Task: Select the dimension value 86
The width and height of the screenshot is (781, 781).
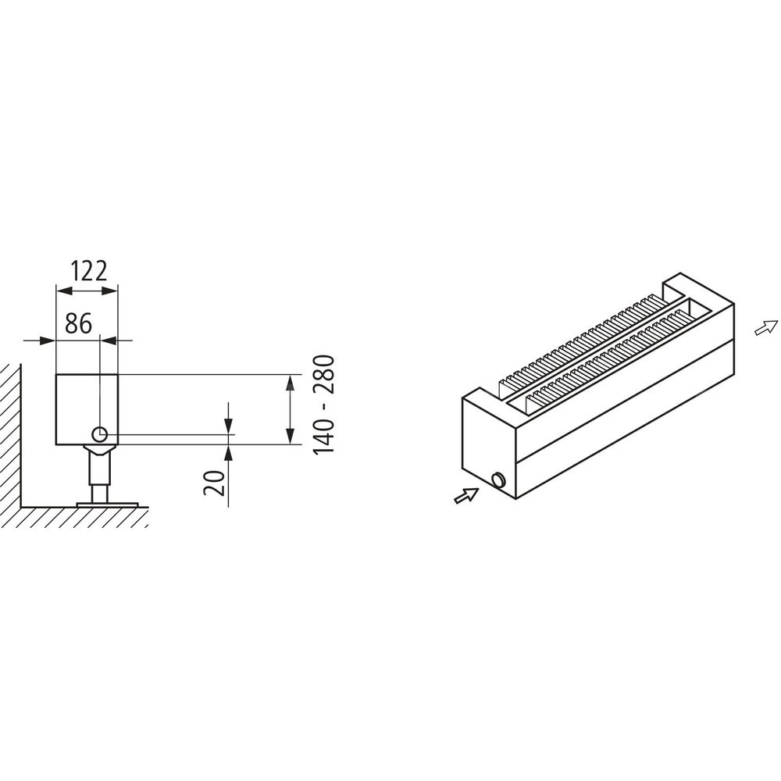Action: (x=79, y=324)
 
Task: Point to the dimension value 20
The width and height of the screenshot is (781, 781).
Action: (x=214, y=483)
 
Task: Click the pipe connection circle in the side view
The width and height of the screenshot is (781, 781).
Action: (x=100, y=434)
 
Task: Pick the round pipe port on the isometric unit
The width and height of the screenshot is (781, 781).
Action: (x=497, y=480)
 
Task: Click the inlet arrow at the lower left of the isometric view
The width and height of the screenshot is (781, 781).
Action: (x=467, y=496)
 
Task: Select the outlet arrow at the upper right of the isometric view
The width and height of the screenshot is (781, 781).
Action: (x=766, y=327)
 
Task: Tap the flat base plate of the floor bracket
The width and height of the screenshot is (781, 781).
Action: (x=107, y=505)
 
